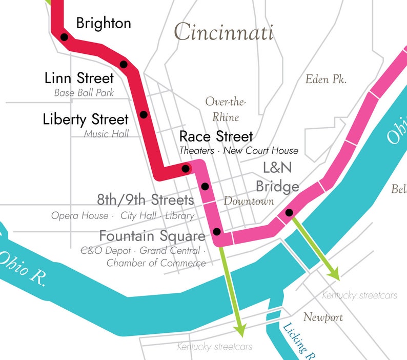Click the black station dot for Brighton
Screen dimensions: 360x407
click(x=64, y=37)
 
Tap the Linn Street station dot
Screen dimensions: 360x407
click(x=124, y=64)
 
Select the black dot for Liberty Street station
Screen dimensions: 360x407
click(x=144, y=114)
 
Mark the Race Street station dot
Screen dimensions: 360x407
click(x=186, y=168)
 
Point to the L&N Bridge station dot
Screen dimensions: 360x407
click(x=289, y=212)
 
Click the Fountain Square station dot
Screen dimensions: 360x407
click(x=217, y=231)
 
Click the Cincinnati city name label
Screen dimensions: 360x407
click(x=223, y=32)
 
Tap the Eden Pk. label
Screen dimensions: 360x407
click(x=326, y=79)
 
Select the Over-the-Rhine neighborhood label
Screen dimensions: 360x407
click(x=226, y=109)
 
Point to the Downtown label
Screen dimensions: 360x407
click(x=249, y=201)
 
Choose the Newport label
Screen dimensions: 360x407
click(x=323, y=317)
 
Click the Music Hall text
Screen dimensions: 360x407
click(x=107, y=134)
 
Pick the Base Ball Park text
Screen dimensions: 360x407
click(x=84, y=93)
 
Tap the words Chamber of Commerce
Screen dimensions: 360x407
click(x=156, y=263)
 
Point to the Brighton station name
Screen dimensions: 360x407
click(x=104, y=23)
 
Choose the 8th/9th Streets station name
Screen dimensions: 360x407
click(x=146, y=199)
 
